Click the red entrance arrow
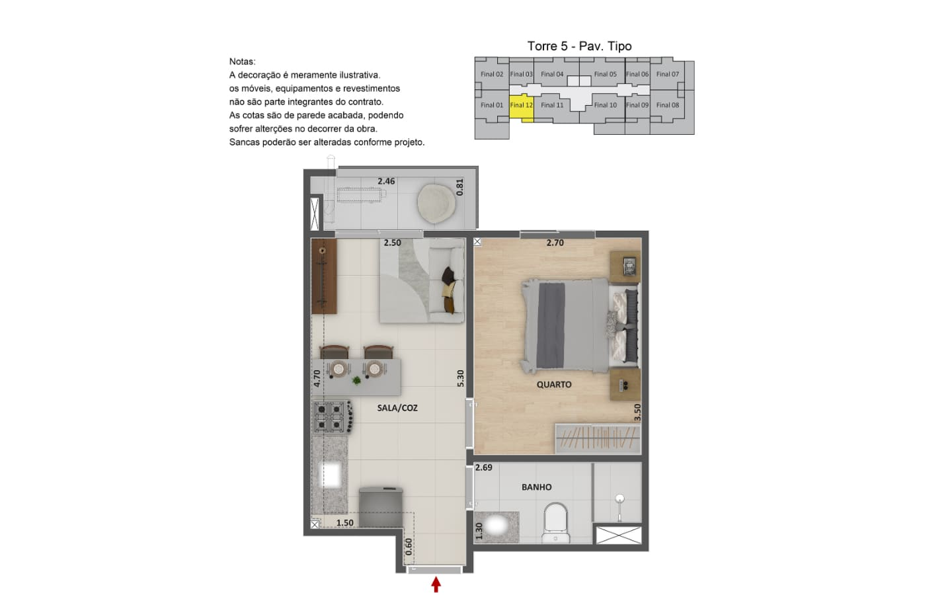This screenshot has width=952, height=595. click(x=436, y=584)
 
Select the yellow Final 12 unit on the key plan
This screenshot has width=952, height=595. click(x=522, y=107)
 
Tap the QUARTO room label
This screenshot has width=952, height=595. click(x=554, y=385)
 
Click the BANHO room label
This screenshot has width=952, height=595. click(x=537, y=487)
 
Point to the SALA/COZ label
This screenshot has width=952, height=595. click(x=397, y=408)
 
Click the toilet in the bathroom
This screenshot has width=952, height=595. click(x=556, y=523)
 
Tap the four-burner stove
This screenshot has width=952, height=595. click(x=333, y=417)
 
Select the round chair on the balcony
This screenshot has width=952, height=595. click(x=436, y=204)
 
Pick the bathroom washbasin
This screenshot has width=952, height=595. click(x=496, y=527)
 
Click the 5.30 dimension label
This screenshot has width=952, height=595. click(x=460, y=378)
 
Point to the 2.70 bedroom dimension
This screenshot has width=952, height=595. click(x=555, y=243)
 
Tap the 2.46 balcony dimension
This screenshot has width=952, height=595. click(x=386, y=181)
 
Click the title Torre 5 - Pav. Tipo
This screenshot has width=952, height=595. click(x=579, y=46)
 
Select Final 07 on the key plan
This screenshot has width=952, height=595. click(x=668, y=74)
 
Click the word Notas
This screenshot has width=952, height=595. click(x=242, y=61)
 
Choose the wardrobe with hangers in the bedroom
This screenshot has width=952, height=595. click(x=598, y=438)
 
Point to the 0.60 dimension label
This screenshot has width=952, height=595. click(x=409, y=547)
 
